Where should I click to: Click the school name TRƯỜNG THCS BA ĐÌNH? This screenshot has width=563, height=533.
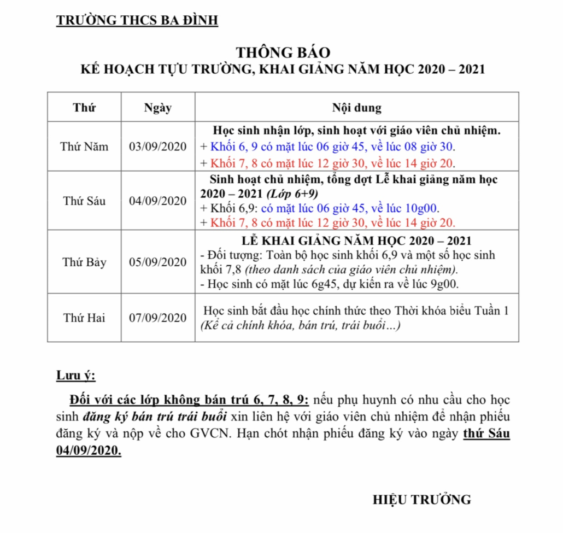137,21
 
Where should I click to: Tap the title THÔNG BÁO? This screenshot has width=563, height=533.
283,53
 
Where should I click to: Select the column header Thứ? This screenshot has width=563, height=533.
84,108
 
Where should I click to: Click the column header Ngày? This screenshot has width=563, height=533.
158,108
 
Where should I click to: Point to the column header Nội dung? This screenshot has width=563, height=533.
356,108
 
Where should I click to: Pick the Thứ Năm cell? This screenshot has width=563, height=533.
84,147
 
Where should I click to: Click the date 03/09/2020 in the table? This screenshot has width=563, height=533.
158,147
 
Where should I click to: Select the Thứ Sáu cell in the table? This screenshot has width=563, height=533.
84,201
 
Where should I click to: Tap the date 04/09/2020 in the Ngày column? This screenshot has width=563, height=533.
158,201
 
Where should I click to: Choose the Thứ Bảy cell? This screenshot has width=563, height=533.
84,262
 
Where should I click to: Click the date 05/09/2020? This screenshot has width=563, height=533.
158,262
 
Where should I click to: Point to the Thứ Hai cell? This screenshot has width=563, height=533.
84,318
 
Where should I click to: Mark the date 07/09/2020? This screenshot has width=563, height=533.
158,318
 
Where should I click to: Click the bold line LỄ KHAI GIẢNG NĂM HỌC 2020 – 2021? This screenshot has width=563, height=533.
356,242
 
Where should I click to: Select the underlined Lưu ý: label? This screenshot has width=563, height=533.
75,376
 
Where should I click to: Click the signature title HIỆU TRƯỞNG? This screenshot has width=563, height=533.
421,499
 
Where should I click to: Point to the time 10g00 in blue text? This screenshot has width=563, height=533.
424,208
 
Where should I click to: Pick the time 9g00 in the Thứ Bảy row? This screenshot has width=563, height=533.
445,284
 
